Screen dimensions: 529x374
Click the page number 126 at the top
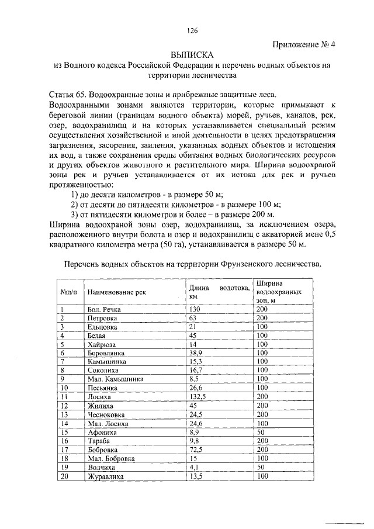coord(193,31)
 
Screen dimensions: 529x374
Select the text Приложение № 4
coord(304,43)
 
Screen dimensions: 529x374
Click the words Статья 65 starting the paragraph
coord(68,94)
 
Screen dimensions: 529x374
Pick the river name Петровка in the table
coord(102,318)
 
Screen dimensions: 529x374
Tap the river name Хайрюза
coord(101,345)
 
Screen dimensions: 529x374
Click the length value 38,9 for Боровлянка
coord(196,354)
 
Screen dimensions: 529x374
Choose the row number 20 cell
coord(65,476)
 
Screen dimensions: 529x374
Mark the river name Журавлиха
coord(106,476)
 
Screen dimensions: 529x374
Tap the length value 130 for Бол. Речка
coord(195,309)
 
